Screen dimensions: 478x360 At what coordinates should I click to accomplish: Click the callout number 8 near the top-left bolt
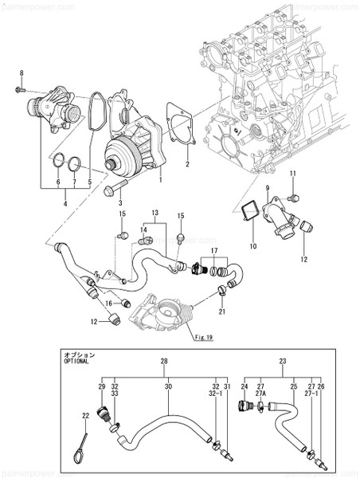click(x=22, y=73)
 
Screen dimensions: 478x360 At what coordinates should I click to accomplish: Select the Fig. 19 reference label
click(x=203, y=337)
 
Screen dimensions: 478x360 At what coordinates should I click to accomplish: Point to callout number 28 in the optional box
click(x=164, y=361)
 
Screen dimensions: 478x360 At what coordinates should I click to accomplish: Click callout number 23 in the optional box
click(x=282, y=361)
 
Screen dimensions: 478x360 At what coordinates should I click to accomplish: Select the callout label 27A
click(x=261, y=392)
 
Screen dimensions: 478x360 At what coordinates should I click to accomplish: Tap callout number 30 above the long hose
click(x=168, y=386)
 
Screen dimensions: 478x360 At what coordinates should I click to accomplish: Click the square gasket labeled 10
click(x=249, y=212)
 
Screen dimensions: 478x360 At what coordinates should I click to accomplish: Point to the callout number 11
click(x=292, y=174)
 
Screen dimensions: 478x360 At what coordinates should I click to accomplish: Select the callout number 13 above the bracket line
click(x=155, y=214)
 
